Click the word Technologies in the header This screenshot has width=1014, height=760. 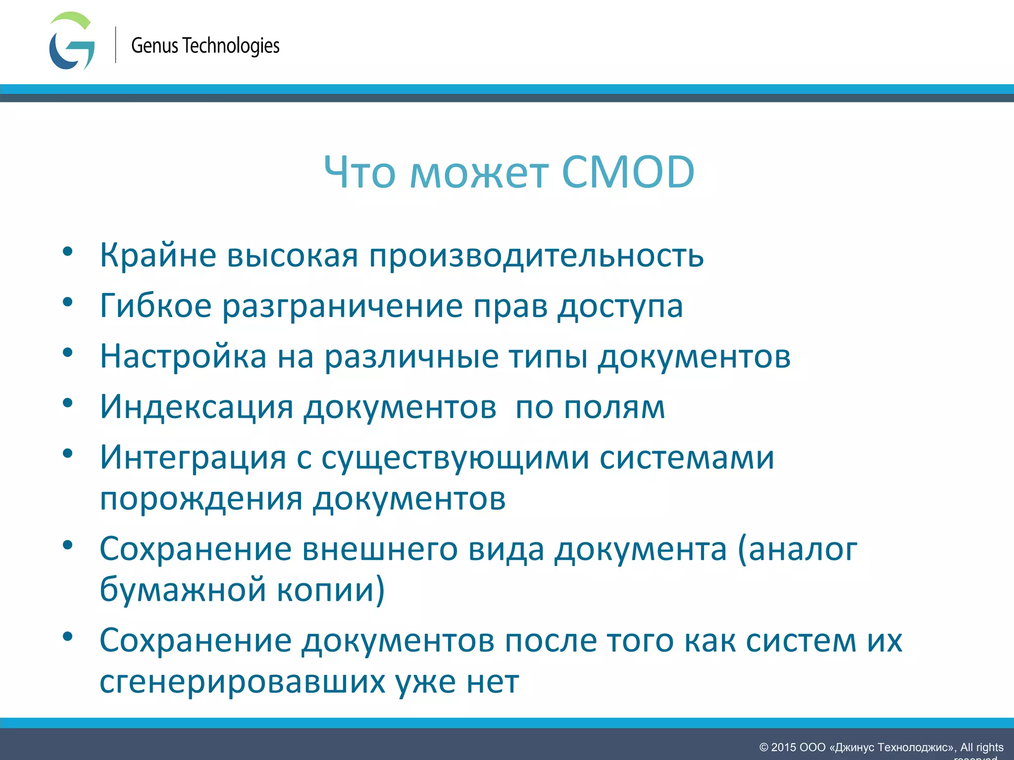point(231,46)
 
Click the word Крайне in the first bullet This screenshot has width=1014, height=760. point(158,256)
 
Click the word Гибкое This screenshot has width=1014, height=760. point(155,306)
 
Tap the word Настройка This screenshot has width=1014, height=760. point(183,356)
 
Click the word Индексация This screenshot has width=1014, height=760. point(197,407)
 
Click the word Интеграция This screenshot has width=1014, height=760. point(193,458)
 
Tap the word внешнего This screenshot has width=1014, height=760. point(380,549)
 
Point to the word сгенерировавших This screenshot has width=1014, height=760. point(242,682)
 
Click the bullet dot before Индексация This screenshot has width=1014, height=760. point(68,403)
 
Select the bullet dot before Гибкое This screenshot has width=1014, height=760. point(68,302)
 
